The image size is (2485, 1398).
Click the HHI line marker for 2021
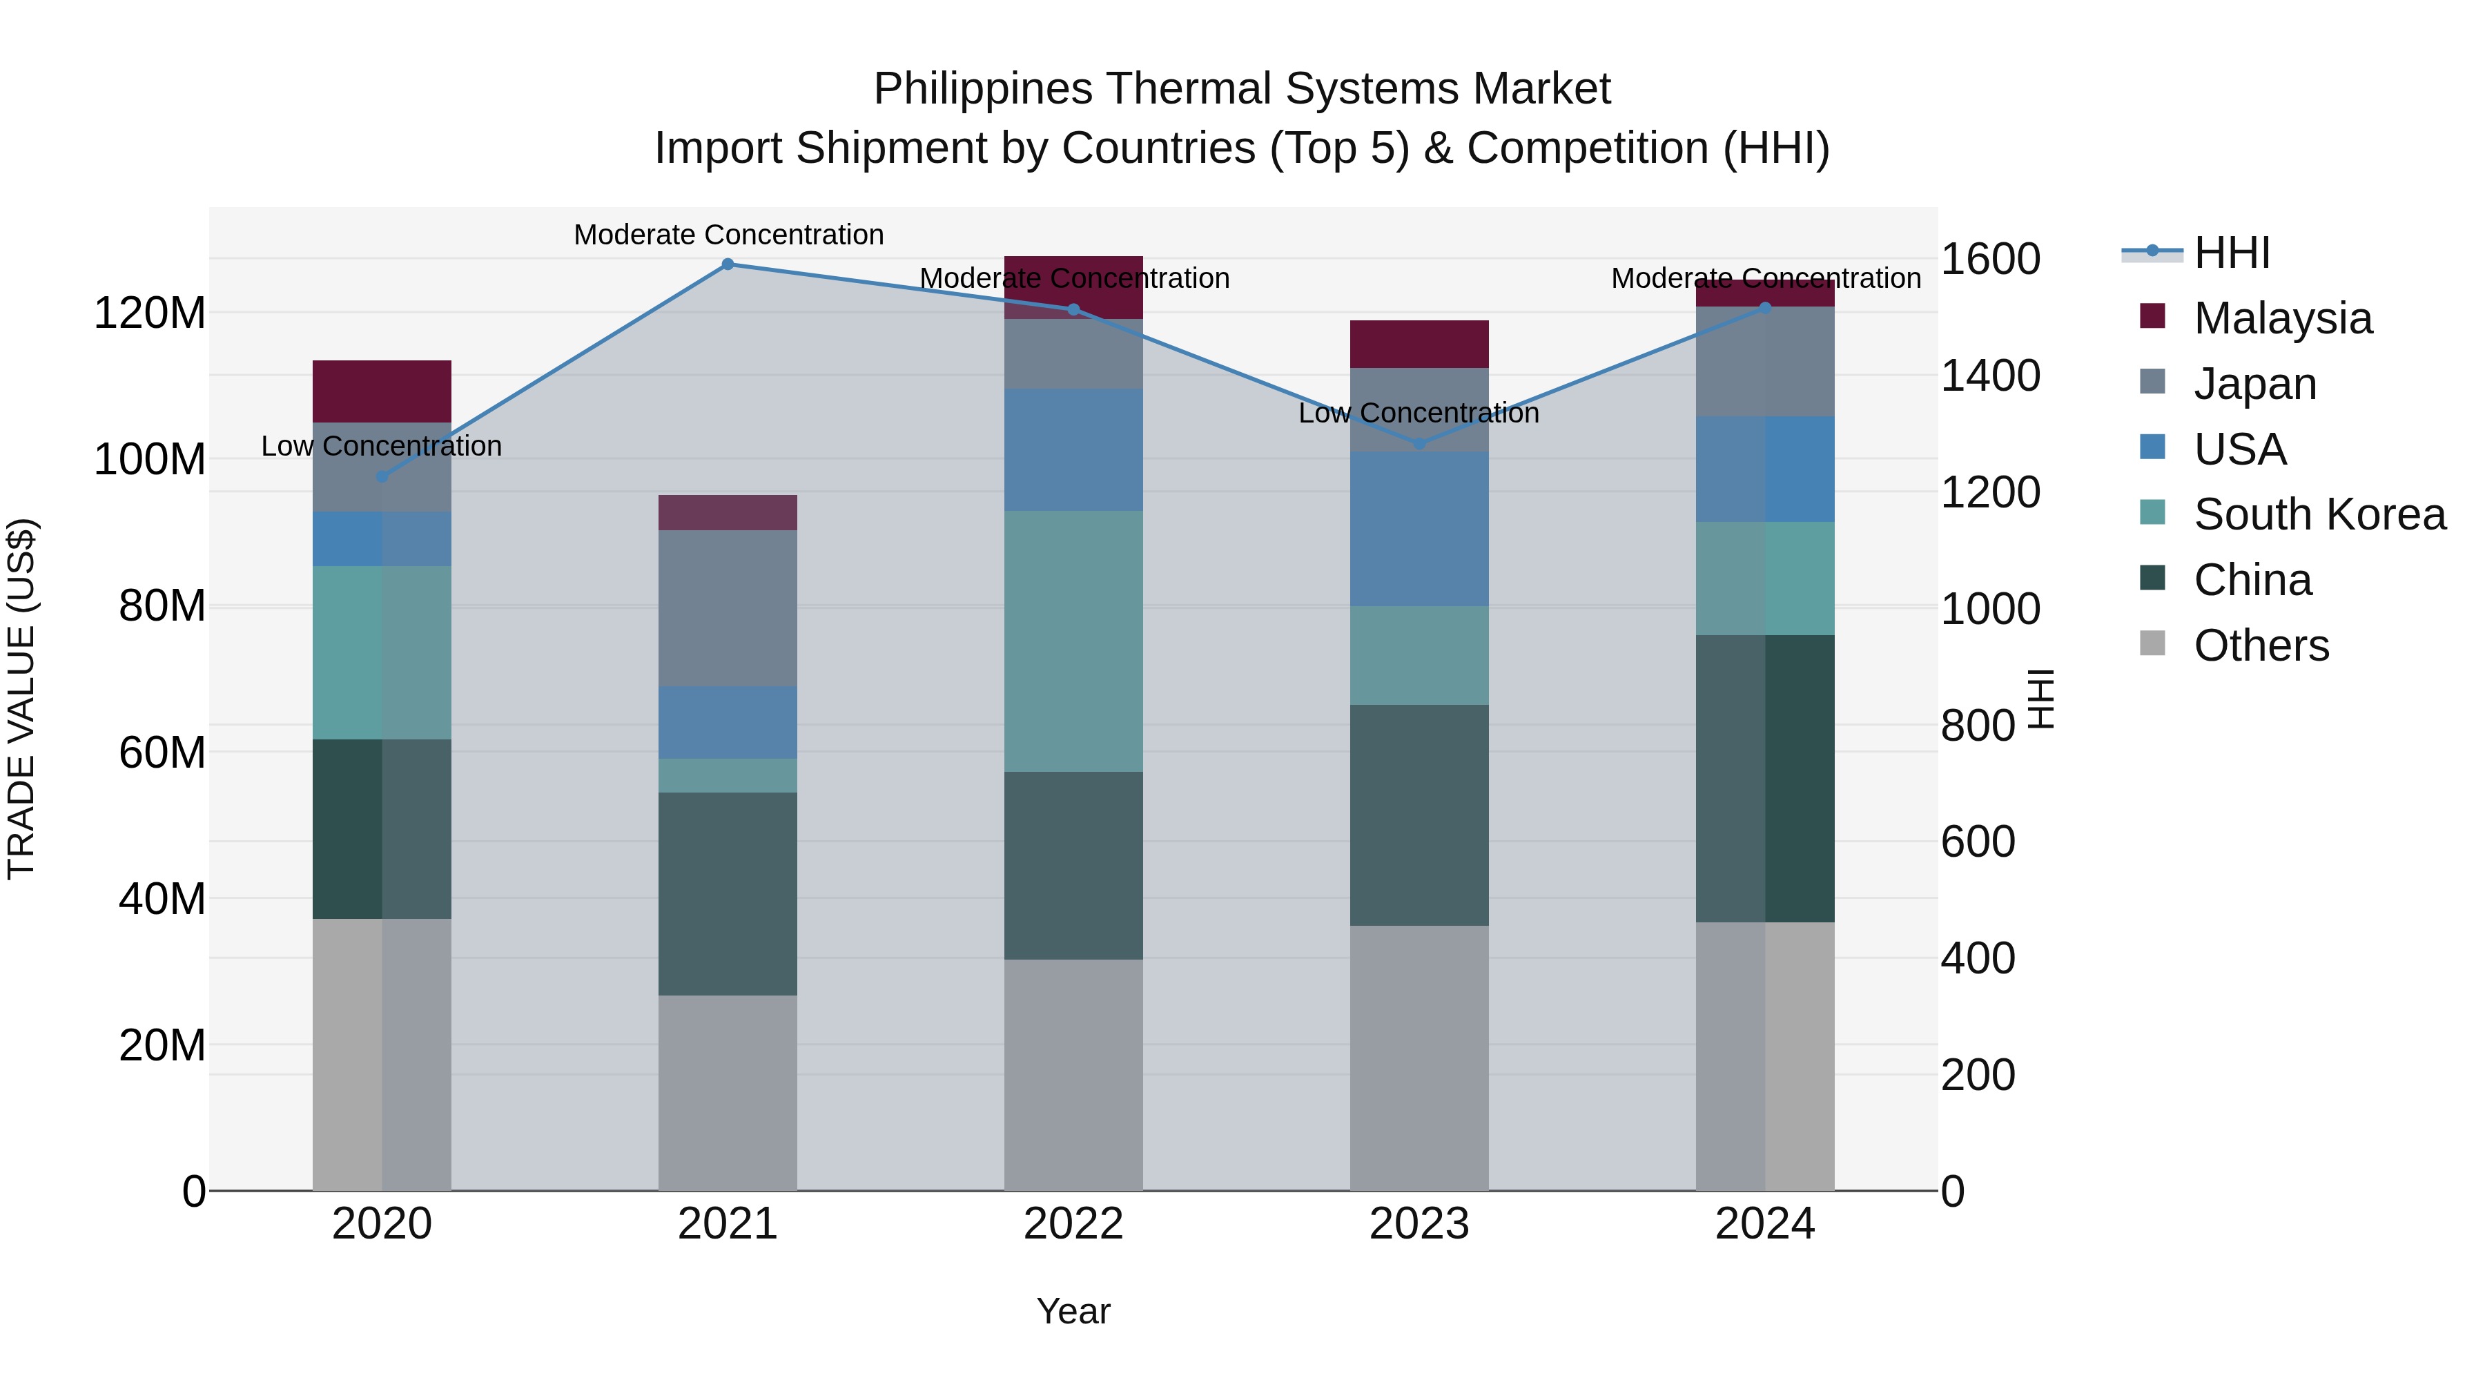(728, 264)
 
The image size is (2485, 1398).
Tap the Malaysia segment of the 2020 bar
(382, 391)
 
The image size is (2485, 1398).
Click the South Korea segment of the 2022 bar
(1073, 641)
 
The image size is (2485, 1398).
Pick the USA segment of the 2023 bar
(1418, 529)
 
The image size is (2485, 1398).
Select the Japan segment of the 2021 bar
(728, 608)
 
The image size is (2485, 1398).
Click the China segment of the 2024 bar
(1764, 779)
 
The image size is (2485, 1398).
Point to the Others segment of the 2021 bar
(728, 1092)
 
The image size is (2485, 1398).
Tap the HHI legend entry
(2230, 253)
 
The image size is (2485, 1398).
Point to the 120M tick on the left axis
(150, 313)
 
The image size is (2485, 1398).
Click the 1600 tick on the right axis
(1989, 260)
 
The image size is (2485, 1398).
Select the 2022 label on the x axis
(1073, 1224)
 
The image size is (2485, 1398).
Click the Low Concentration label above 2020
(382, 446)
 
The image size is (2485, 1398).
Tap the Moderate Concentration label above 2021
(728, 235)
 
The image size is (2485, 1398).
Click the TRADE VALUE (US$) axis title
(21, 699)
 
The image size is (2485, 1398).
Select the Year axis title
(1073, 1311)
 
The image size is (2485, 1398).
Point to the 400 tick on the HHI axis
(1977, 959)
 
